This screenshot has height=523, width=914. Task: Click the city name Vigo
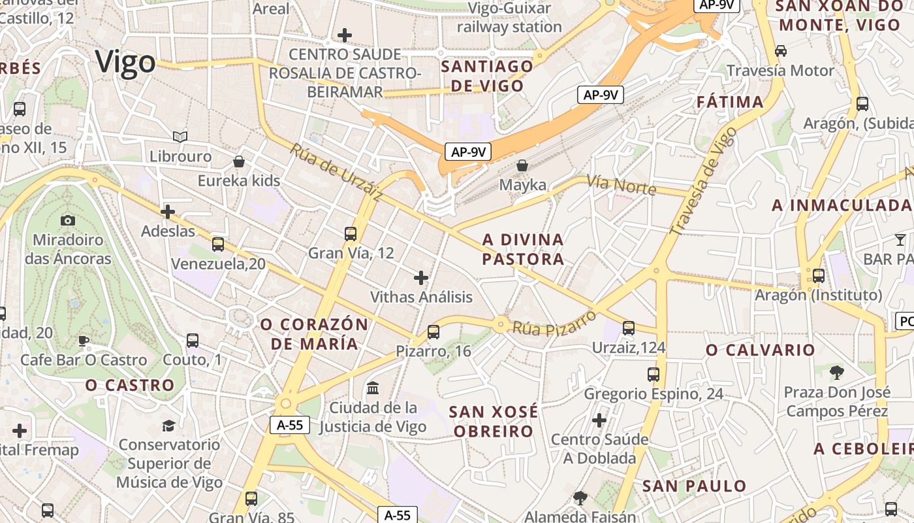click(126, 62)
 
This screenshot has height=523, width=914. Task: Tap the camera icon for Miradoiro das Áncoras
click(67, 221)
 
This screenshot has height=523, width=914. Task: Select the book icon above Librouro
click(180, 137)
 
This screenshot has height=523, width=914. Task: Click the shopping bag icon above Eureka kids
click(239, 161)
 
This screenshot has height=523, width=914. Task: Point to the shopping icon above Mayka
click(522, 165)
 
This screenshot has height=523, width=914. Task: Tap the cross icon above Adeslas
click(168, 211)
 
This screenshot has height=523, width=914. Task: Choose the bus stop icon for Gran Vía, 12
click(351, 233)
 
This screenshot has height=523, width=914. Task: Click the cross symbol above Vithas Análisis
click(421, 278)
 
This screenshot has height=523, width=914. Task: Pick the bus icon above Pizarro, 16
click(433, 332)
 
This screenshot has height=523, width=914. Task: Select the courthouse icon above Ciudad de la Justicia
click(373, 388)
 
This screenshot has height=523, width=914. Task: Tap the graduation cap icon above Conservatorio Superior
click(168, 426)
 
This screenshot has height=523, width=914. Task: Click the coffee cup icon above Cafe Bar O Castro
click(83, 341)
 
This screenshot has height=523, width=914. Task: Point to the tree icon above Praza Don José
click(836, 373)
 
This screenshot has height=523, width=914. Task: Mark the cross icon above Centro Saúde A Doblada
click(599, 420)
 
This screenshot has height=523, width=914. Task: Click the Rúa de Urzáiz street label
click(336, 171)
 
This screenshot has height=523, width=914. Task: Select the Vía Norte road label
click(621, 184)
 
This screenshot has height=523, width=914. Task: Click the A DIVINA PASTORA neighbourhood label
click(523, 249)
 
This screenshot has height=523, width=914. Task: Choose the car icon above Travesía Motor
click(780, 51)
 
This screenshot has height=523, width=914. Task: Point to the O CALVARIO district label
click(761, 350)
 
